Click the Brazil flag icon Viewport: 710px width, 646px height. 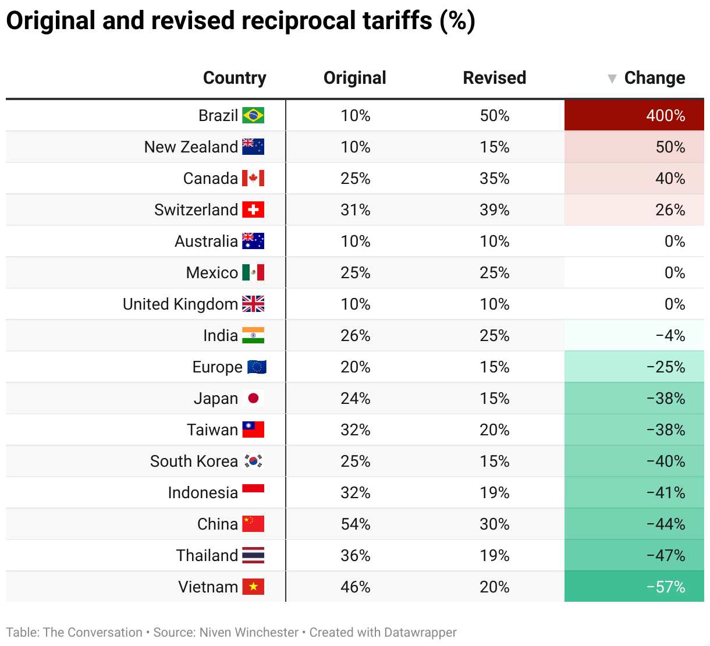click(253, 115)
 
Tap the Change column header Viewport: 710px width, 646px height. click(654, 78)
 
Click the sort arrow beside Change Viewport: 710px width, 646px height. click(612, 79)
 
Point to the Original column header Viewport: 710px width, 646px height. click(354, 78)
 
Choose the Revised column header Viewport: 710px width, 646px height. click(494, 78)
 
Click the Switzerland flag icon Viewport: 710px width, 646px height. click(253, 210)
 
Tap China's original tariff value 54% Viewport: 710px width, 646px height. click(355, 524)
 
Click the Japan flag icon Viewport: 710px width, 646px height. click(253, 398)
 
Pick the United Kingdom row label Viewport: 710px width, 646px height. click(180, 304)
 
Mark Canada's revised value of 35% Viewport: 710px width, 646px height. click(494, 178)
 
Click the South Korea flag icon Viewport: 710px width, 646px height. click(253, 461)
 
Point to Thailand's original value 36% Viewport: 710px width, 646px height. click(355, 555)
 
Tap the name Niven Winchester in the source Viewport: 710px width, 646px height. click(248, 632)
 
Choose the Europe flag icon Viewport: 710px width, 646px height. click(257, 367)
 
